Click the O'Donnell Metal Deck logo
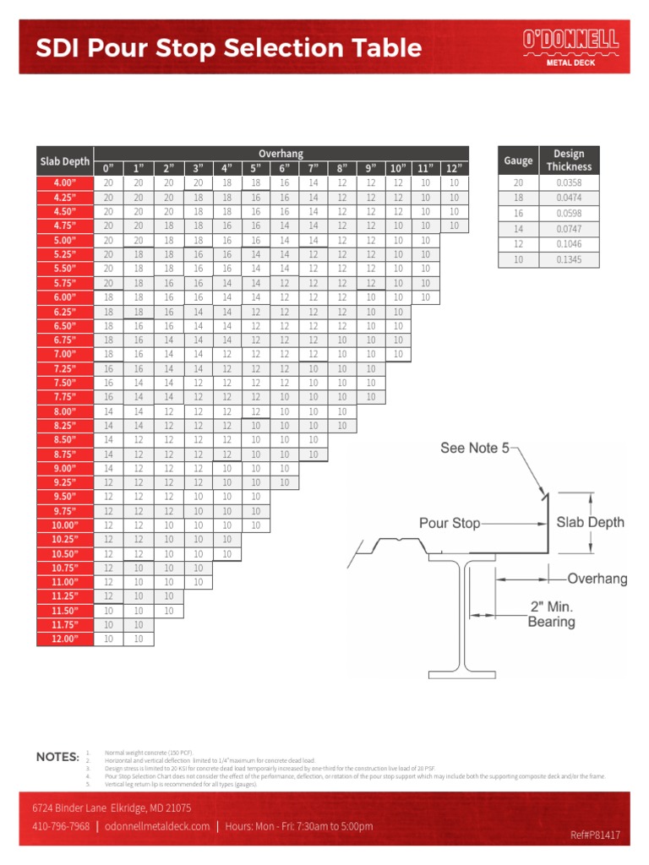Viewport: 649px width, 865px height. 570,46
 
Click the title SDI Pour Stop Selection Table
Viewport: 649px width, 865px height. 228,47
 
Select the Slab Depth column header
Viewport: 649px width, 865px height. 64,160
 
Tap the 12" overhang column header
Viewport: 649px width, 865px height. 454,167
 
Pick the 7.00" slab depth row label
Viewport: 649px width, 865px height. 64,354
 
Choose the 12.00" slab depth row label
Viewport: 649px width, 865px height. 64,639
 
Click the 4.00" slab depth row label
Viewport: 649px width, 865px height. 64,182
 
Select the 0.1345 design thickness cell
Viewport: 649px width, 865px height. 568,259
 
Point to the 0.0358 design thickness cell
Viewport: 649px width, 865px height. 568,182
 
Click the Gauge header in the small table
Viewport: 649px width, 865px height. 518,160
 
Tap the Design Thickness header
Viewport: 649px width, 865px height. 568,160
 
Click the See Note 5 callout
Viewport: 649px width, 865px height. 475,449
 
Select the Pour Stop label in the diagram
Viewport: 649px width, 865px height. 450,523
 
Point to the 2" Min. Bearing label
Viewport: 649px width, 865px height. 551,614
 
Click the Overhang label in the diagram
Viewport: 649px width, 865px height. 597,579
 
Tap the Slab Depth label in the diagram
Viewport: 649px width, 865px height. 590,522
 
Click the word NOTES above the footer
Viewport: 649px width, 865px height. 57,757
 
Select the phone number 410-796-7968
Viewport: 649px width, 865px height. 61,825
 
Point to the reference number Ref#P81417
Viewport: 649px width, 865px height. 595,835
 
